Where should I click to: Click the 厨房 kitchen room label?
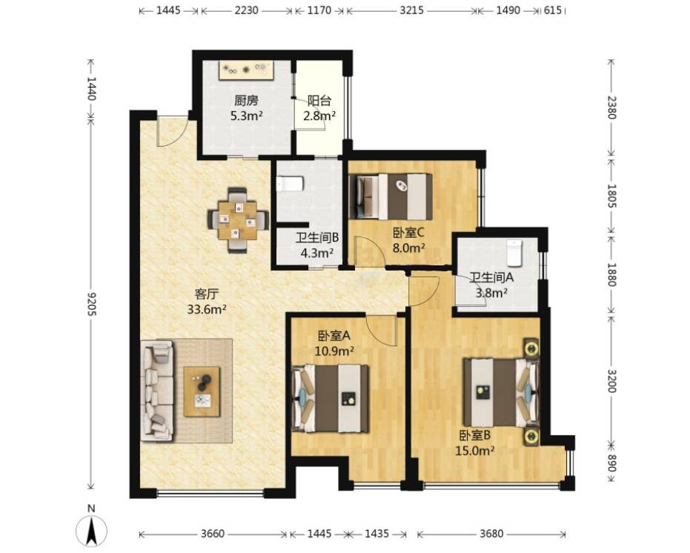pyautogui.click(x=246, y=101)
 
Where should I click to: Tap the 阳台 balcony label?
pyautogui.click(x=319, y=101)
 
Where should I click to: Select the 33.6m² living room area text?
pyautogui.click(x=207, y=310)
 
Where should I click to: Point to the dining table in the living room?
pyautogui.click(x=238, y=219)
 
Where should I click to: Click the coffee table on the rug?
pyautogui.click(x=202, y=391)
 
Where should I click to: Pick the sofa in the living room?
pyautogui.click(x=157, y=390)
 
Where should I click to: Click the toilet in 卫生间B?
pyautogui.click(x=290, y=184)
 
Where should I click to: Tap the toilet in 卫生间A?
pyautogui.click(x=514, y=254)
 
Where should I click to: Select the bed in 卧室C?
pyautogui.click(x=390, y=196)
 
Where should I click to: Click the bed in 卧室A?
pyautogui.click(x=331, y=399)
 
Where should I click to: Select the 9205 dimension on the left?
pyautogui.click(x=91, y=303)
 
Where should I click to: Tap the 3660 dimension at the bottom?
pyautogui.click(x=213, y=534)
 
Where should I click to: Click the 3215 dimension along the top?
pyautogui.click(x=412, y=10)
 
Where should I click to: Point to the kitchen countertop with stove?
pyautogui.click(x=247, y=70)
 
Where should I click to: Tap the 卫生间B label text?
pyautogui.click(x=317, y=238)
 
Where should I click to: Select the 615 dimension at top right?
pyautogui.click(x=553, y=10)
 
